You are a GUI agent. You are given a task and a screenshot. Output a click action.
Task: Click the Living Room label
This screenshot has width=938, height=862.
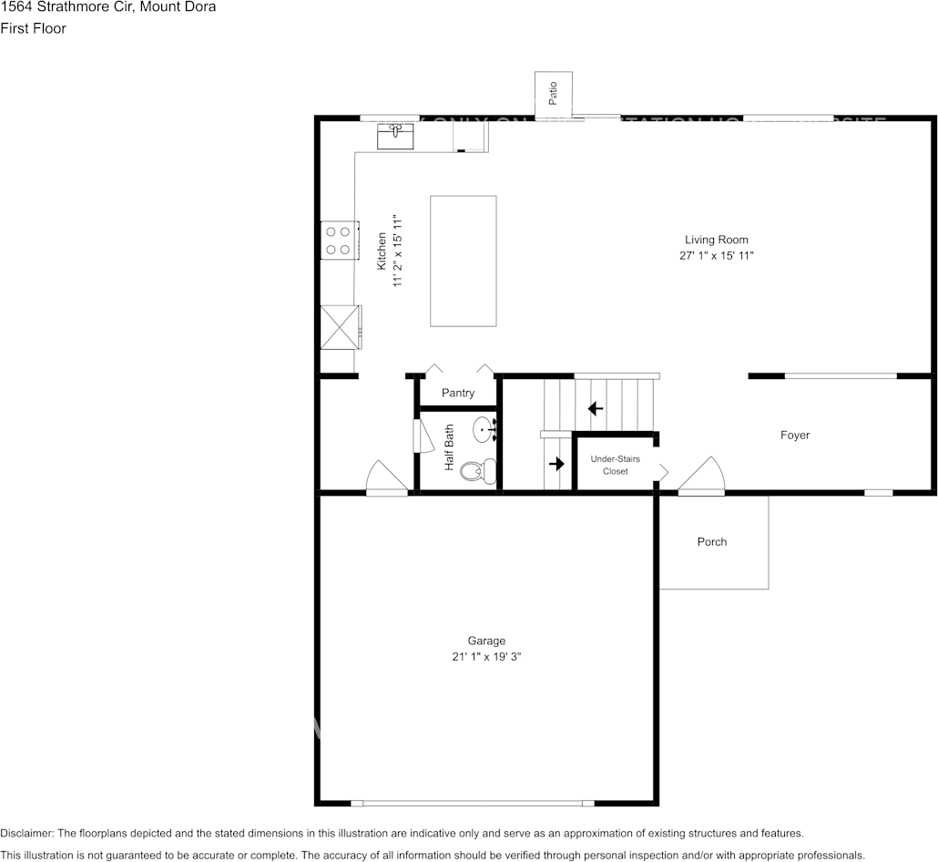click(716, 240)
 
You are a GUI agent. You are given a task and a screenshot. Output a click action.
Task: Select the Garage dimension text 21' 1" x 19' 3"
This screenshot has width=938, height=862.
click(487, 656)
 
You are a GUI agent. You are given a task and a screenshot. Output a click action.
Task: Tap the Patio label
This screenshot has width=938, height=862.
click(553, 93)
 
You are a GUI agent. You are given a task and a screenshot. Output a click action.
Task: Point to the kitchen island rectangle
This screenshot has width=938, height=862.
click(464, 261)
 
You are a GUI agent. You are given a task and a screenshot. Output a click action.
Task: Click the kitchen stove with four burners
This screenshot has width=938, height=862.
click(338, 241)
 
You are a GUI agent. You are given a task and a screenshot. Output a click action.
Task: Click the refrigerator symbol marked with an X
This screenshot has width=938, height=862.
click(338, 326)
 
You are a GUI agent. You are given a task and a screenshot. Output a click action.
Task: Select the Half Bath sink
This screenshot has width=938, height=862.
click(484, 427)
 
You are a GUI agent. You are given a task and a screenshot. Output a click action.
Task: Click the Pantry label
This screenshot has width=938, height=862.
click(458, 393)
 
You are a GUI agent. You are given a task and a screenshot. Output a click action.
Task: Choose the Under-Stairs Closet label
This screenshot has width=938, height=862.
click(616, 465)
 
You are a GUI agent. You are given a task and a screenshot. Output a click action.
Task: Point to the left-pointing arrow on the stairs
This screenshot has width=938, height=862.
click(596, 407)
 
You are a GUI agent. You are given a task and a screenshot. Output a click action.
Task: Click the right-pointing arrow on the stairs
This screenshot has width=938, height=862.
click(556, 464)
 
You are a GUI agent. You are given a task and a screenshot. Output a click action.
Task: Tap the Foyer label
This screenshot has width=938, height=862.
click(794, 436)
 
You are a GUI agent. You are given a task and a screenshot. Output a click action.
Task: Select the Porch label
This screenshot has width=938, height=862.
click(712, 542)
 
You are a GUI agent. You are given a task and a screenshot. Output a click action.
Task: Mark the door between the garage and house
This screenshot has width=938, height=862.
click(386, 478)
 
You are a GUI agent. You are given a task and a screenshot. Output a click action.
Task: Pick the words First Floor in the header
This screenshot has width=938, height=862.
click(33, 28)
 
